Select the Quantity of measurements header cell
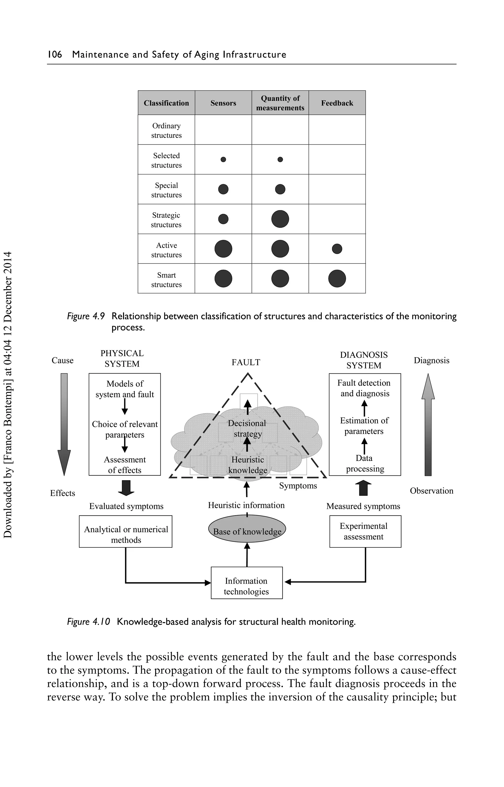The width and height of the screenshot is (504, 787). click(280, 103)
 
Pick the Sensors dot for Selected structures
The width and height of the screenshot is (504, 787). click(223, 160)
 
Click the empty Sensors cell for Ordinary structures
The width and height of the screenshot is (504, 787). click(223, 130)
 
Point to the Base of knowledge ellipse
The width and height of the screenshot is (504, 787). click(247, 529)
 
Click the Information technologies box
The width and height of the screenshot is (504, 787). click(246, 586)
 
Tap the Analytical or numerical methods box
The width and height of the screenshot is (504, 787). click(126, 532)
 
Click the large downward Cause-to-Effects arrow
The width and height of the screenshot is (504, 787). click(64, 424)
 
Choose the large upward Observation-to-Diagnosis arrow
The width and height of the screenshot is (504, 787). click(428, 424)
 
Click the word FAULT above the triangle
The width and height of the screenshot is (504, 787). click(246, 362)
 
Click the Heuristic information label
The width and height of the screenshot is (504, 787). click(246, 505)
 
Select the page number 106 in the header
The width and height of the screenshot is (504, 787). click(55, 54)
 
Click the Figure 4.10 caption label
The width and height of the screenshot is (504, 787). click(88, 622)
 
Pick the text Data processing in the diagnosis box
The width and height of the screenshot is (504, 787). click(364, 463)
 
